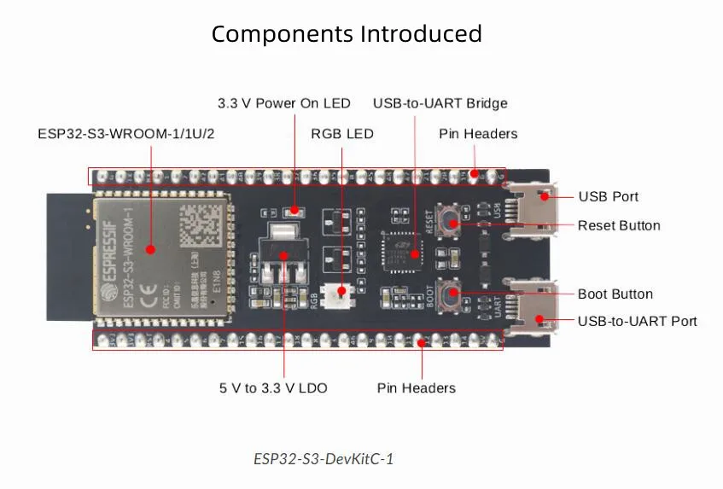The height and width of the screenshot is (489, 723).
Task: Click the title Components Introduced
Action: point(347,34)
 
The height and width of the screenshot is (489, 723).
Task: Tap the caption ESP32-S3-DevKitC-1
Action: point(324,458)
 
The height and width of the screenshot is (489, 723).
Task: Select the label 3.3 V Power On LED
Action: point(283,103)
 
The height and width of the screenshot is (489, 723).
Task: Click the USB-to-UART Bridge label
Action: point(440,103)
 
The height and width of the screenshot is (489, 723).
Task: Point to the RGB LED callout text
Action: point(341,134)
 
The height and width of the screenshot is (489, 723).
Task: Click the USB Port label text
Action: point(608,196)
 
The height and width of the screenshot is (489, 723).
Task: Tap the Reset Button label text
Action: point(619,225)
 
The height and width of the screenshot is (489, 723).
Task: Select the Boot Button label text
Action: point(615,294)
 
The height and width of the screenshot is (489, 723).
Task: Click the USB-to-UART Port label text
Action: point(637,321)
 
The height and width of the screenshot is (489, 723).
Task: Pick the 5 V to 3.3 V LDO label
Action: point(273,387)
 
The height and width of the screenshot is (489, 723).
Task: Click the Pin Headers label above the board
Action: point(477,134)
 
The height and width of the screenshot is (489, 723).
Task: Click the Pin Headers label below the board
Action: point(416,387)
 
